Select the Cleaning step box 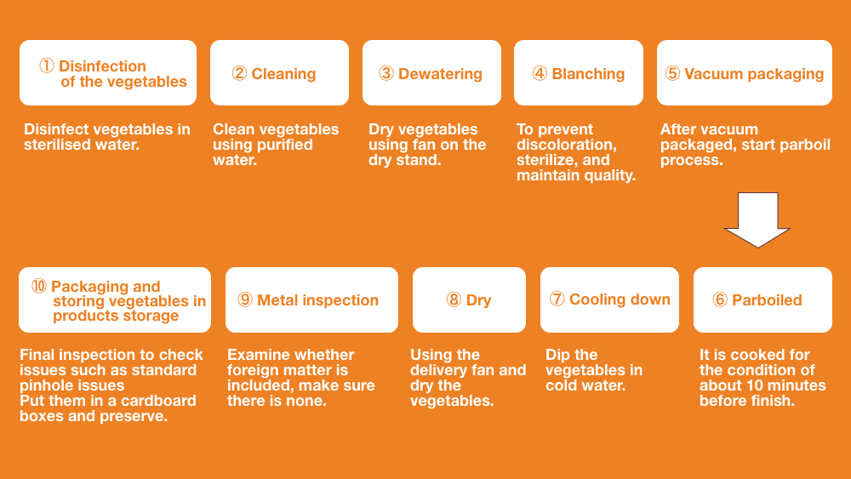click(x=279, y=72)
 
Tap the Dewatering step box click(x=431, y=72)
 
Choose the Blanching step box click(x=579, y=72)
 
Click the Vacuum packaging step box click(x=745, y=72)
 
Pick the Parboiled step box click(x=762, y=299)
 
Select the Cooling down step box click(x=609, y=299)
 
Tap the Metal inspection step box click(x=311, y=299)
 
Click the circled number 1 click(x=47, y=66)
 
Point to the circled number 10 click(x=39, y=286)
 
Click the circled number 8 click(x=454, y=299)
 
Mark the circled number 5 click(x=672, y=73)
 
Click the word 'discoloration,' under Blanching click(x=567, y=145)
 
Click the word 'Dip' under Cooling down click(x=557, y=356)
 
